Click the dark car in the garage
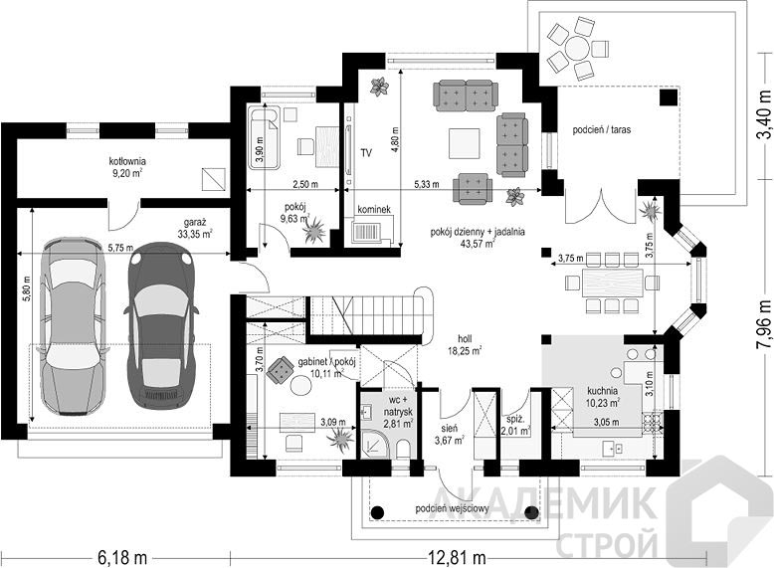pyautogui.click(x=162, y=324)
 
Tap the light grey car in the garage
pyautogui.click(x=74, y=326)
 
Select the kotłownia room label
pyautogui.click(x=127, y=167)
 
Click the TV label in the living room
pyautogui.click(x=366, y=153)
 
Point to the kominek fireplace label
pyautogui.click(x=374, y=209)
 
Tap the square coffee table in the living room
pyautogui.click(x=464, y=143)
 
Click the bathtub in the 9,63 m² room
pyautogui.click(x=264, y=137)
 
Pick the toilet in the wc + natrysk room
pyautogui.click(x=403, y=449)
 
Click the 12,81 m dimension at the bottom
pyautogui.click(x=456, y=558)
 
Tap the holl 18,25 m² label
pyautogui.click(x=465, y=345)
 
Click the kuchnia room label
pyautogui.click(x=603, y=397)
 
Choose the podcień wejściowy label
pyautogui.click(x=452, y=508)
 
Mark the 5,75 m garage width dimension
pyautogui.click(x=120, y=247)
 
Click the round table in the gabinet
pyautogui.click(x=300, y=384)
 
